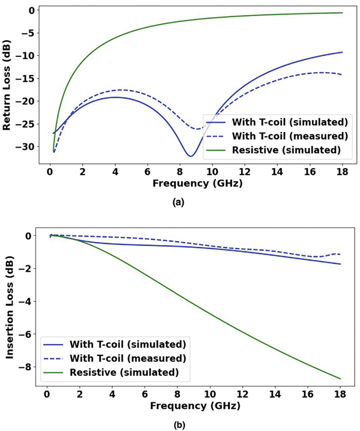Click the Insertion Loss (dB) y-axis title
point(10,309)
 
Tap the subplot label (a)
point(179,203)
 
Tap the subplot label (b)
point(179,424)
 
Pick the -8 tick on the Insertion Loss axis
point(35,367)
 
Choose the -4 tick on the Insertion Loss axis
point(35,301)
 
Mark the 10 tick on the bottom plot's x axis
point(210,394)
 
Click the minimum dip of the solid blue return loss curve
point(190,156)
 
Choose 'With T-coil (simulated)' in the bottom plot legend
point(128,345)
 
